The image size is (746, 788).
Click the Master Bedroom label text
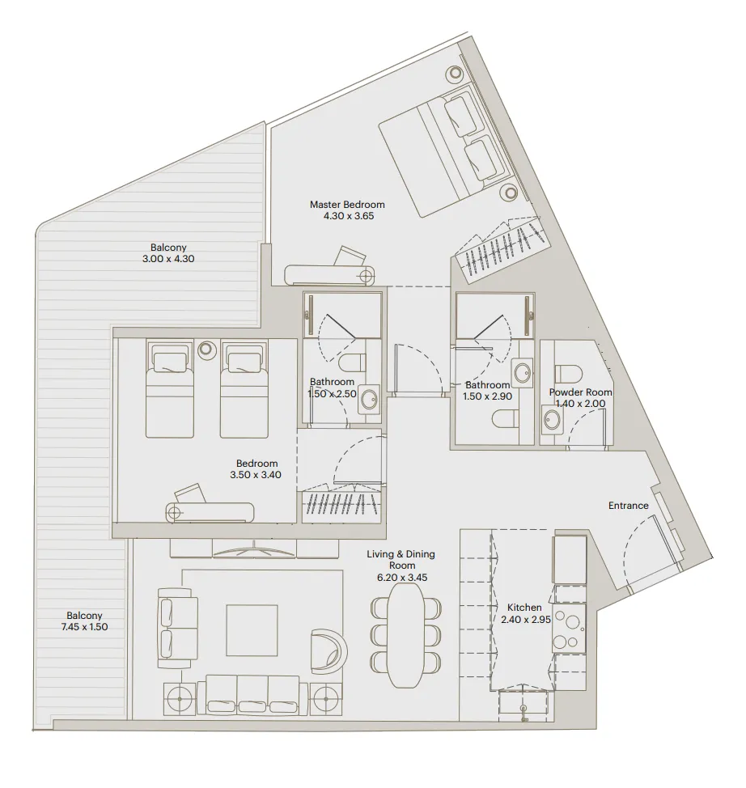click(x=347, y=205)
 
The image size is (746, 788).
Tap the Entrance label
click(x=628, y=506)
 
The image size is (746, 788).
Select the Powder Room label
click(x=580, y=392)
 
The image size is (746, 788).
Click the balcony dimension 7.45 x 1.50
click(x=84, y=626)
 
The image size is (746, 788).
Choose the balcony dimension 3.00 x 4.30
click(x=168, y=259)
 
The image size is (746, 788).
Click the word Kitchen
click(x=523, y=608)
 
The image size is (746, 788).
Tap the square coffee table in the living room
click(x=252, y=630)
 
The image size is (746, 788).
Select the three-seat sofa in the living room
click(x=252, y=693)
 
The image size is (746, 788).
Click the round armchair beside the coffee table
click(x=329, y=648)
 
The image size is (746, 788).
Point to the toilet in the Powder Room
click(x=569, y=373)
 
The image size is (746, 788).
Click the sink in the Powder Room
click(x=553, y=419)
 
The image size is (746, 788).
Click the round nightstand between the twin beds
click(x=206, y=350)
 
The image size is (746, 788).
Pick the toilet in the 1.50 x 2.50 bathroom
click(x=354, y=362)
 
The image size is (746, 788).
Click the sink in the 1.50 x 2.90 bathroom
click(x=523, y=373)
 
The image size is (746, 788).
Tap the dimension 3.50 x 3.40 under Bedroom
click(x=257, y=475)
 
